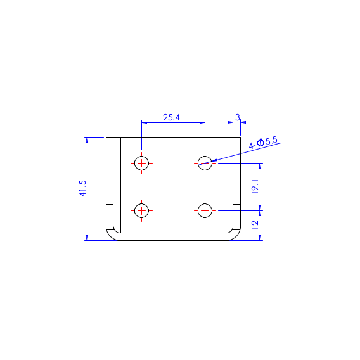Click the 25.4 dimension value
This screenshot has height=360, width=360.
pos(171,117)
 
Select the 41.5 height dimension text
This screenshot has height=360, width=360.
pos(82,188)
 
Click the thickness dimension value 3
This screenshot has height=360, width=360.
pos(237,117)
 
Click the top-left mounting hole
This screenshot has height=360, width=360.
pos(142,162)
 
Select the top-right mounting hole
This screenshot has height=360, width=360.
pos(205,162)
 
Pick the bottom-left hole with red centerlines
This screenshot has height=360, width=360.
pos(142,210)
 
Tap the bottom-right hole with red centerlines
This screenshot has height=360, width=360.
pos(205,210)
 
